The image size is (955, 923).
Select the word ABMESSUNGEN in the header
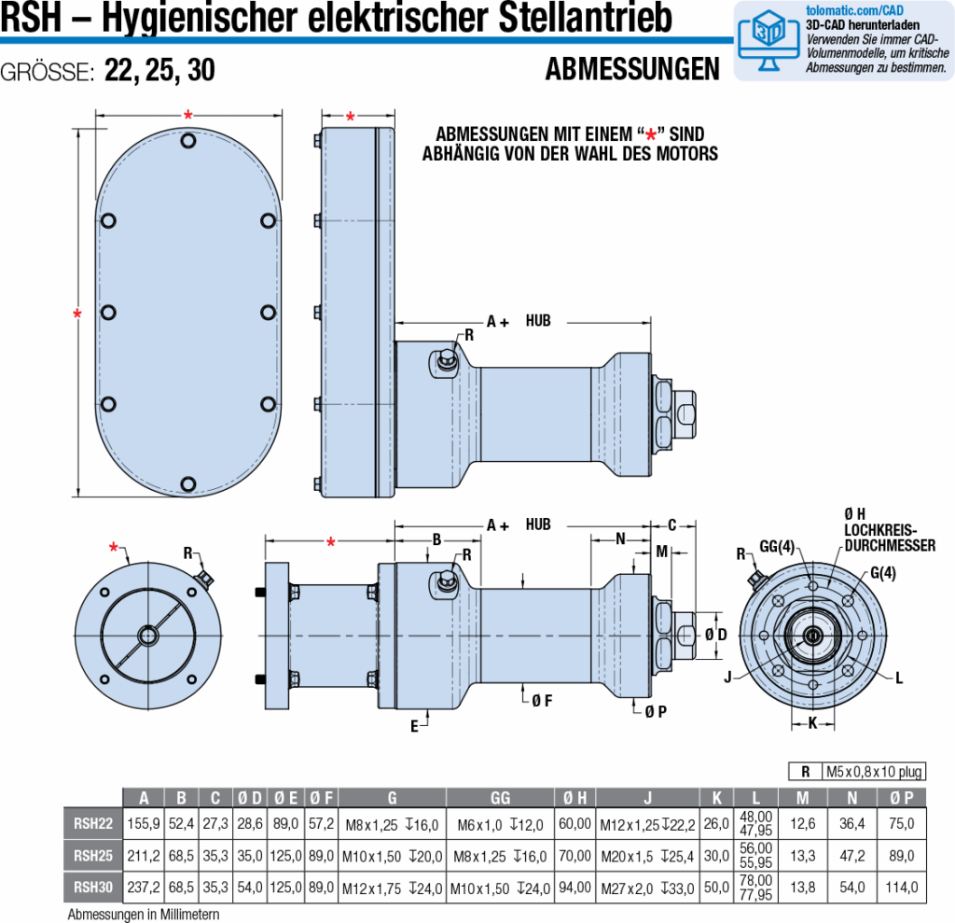pyautogui.click(x=632, y=70)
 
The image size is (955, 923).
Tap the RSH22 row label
pyautogui.click(x=92, y=823)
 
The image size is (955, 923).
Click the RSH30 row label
pyautogui.click(x=92, y=887)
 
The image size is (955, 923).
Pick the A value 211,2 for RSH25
pyautogui.click(x=144, y=855)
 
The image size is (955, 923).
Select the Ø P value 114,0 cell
pyautogui.click(x=902, y=887)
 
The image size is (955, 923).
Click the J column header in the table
pyautogui.click(x=647, y=797)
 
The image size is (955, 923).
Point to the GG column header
pyautogui.click(x=501, y=797)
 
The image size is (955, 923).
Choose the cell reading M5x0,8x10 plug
pyautogui.click(x=873, y=771)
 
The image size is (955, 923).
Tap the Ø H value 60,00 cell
pyautogui.click(x=575, y=823)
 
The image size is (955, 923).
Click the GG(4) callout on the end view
pyautogui.click(x=776, y=546)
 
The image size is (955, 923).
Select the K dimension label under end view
pyautogui.click(x=811, y=722)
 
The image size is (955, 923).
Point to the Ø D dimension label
pyautogui.click(x=717, y=635)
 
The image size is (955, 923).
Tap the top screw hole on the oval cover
pyautogui.click(x=189, y=141)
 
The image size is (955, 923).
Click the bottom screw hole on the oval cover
pyautogui.click(x=189, y=483)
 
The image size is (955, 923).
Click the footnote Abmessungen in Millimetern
pyautogui.click(x=144, y=915)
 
